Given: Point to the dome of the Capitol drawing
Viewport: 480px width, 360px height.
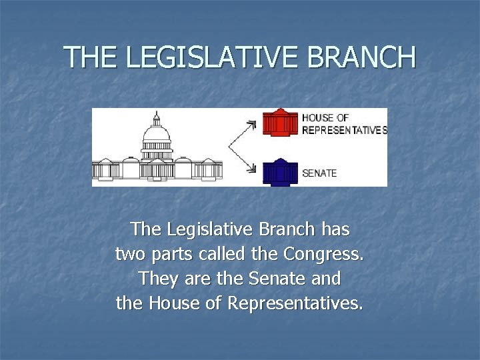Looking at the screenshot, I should click(157, 133).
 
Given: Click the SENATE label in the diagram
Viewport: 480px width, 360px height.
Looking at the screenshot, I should click(319, 173).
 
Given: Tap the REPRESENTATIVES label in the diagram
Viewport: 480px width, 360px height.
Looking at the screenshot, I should click(344, 131).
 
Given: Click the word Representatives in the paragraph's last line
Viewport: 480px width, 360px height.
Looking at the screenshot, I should click(295, 303).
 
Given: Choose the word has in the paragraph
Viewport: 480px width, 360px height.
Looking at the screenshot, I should click(335, 230).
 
